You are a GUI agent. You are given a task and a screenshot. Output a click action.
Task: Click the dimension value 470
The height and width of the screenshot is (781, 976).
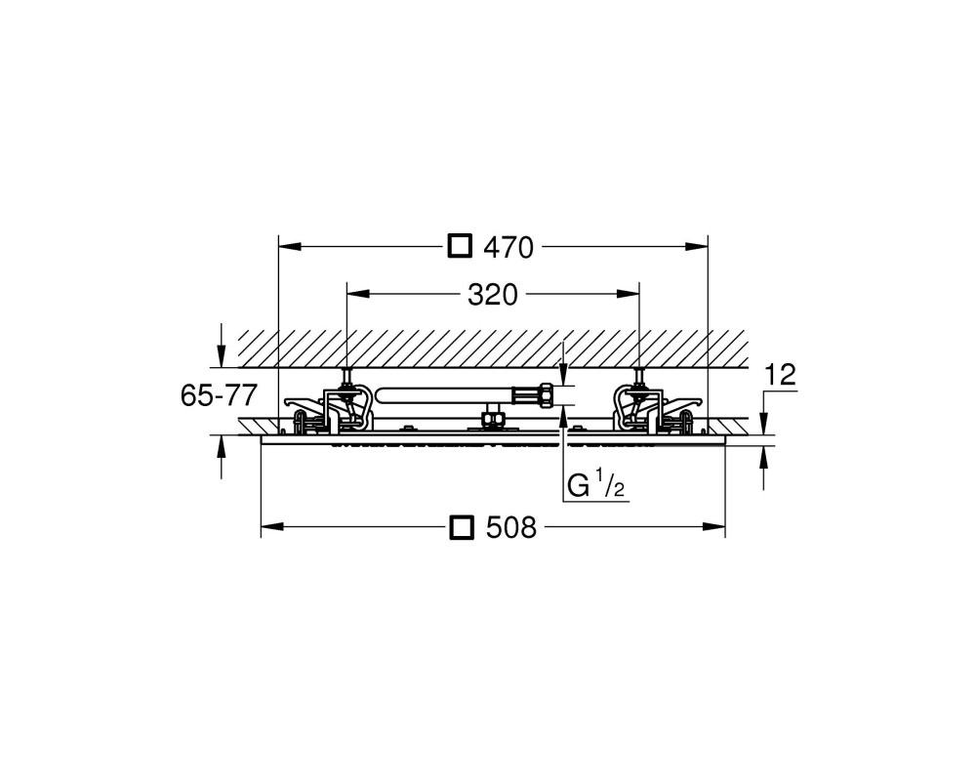point(508,248)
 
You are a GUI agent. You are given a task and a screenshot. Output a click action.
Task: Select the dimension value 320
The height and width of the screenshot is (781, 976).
point(492,295)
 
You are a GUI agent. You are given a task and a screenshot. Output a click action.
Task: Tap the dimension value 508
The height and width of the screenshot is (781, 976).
point(511,528)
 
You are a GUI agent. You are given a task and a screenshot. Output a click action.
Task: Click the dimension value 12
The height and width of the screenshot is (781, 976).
point(780,375)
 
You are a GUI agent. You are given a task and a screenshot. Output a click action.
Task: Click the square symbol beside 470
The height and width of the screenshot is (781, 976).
point(460,246)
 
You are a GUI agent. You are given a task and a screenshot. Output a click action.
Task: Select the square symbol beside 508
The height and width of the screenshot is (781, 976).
point(462,527)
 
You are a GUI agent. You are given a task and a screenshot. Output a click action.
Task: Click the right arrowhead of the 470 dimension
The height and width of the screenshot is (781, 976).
point(697,246)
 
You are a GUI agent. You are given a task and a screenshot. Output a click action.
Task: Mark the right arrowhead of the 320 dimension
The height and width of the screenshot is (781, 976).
point(628,293)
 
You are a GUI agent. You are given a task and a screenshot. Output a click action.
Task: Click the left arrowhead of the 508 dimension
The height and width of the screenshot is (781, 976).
point(272,527)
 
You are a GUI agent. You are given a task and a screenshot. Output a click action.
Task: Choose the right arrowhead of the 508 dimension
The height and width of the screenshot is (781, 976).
point(714,527)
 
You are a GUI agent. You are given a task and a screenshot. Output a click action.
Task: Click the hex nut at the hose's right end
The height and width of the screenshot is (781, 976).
point(545,395)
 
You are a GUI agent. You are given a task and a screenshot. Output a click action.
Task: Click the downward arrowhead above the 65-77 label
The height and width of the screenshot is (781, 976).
point(221,355)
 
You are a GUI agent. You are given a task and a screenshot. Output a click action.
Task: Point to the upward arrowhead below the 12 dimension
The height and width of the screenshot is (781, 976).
point(764,459)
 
